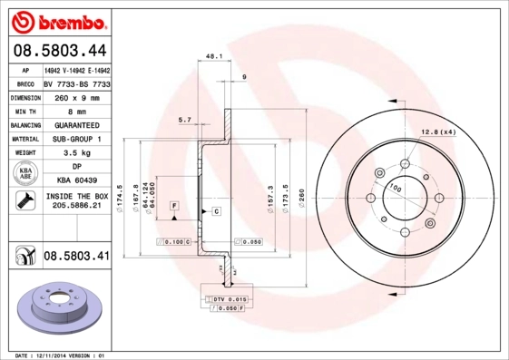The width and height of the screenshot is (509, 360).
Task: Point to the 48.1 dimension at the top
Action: coord(215,55)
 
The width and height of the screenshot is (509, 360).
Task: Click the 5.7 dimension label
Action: coord(184,119)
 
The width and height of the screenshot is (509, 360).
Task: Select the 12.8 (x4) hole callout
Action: coord(438,133)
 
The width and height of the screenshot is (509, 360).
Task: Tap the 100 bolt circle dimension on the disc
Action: coord(395,187)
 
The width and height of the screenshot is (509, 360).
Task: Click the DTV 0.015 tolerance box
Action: coord(229,298)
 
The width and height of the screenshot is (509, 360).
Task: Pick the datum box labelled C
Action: coord(218,211)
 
